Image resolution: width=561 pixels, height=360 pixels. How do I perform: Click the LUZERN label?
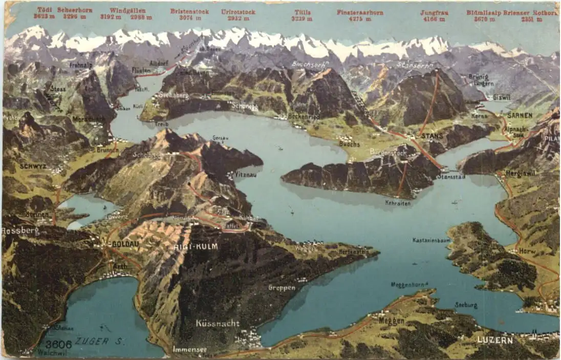click(x=495, y=340)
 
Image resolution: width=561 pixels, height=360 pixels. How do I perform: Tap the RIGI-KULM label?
click(x=197, y=246)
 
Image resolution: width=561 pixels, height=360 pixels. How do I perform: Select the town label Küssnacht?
click(x=217, y=323)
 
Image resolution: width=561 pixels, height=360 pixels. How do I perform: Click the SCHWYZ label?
click(x=33, y=166)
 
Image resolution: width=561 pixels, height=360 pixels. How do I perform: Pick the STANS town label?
click(x=433, y=136)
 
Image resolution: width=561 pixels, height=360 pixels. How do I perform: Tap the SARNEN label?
click(x=520, y=116)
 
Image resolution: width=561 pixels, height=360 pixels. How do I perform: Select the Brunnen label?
click(x=107, y=150)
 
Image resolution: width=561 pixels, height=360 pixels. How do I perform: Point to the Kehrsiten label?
click(x=398, y=203)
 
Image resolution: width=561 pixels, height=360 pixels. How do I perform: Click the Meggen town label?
click(x=392, y=321)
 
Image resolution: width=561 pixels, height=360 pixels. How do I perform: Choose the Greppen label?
click(x=282, y=288)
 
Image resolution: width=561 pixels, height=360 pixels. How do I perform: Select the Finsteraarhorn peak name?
click(x=360, y=12)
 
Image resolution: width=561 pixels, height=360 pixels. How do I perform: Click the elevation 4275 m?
click(x=360, y=19)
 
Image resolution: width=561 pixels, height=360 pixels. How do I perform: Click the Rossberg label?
click(x=20, y=231)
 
